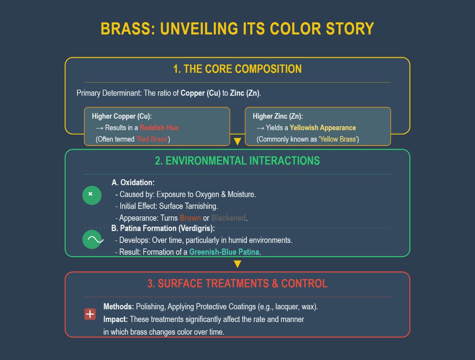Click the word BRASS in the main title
click(128, 29)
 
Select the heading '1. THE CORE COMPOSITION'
click(237, 69)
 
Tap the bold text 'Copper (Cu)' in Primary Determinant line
click(200, 93)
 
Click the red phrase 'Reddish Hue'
click(159, 127)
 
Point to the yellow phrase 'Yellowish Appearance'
click(323, 127)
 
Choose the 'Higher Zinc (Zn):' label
click(277, 116)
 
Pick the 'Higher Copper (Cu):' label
click(122, 116)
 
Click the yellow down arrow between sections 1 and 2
click(237, 142)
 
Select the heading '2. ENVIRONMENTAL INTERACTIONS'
click(237, 161)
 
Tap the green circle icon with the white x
click(92, 195)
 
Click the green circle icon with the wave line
click(92, 239)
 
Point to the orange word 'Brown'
click(190, 218)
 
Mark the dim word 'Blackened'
click(228, 218)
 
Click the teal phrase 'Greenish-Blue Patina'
click(224, 252)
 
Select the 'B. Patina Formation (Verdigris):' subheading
click(163, 228)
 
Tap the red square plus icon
click(90, 314)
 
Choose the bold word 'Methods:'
click(119, 307)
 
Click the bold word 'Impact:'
click(116, 319)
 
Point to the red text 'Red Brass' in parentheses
click(152, 139)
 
